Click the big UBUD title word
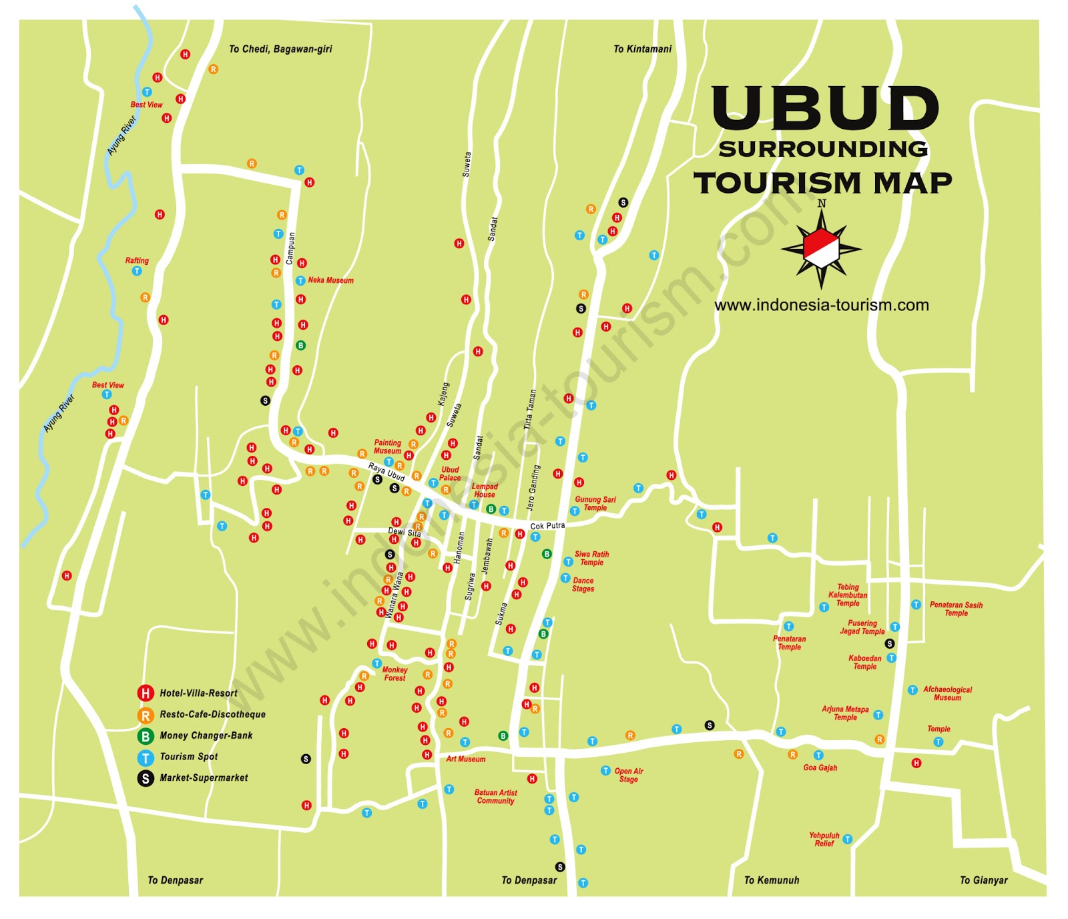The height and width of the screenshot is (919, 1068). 825,108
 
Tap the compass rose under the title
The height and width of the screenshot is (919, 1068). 822,248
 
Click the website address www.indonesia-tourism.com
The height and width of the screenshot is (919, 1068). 821,305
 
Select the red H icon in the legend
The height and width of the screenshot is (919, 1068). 146,693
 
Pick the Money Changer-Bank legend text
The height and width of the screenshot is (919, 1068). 206,735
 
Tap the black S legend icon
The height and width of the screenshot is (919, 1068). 146,778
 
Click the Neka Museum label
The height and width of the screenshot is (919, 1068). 330,280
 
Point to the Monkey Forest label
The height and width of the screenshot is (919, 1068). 394,673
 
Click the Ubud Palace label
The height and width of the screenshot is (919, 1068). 450,474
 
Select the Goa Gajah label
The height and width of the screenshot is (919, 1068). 820,768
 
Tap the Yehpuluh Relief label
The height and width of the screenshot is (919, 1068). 824,840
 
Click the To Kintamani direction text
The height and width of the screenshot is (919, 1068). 642,49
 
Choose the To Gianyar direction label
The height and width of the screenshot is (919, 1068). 983,880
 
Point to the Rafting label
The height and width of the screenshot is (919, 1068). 137,260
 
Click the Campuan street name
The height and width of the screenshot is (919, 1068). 290,248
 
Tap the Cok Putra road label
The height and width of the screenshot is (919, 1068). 547,526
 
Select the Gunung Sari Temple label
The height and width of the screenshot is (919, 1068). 595,503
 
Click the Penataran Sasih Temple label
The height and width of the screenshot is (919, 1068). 956,609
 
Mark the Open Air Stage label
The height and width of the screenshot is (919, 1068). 628,775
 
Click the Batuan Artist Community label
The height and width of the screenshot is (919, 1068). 495,796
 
